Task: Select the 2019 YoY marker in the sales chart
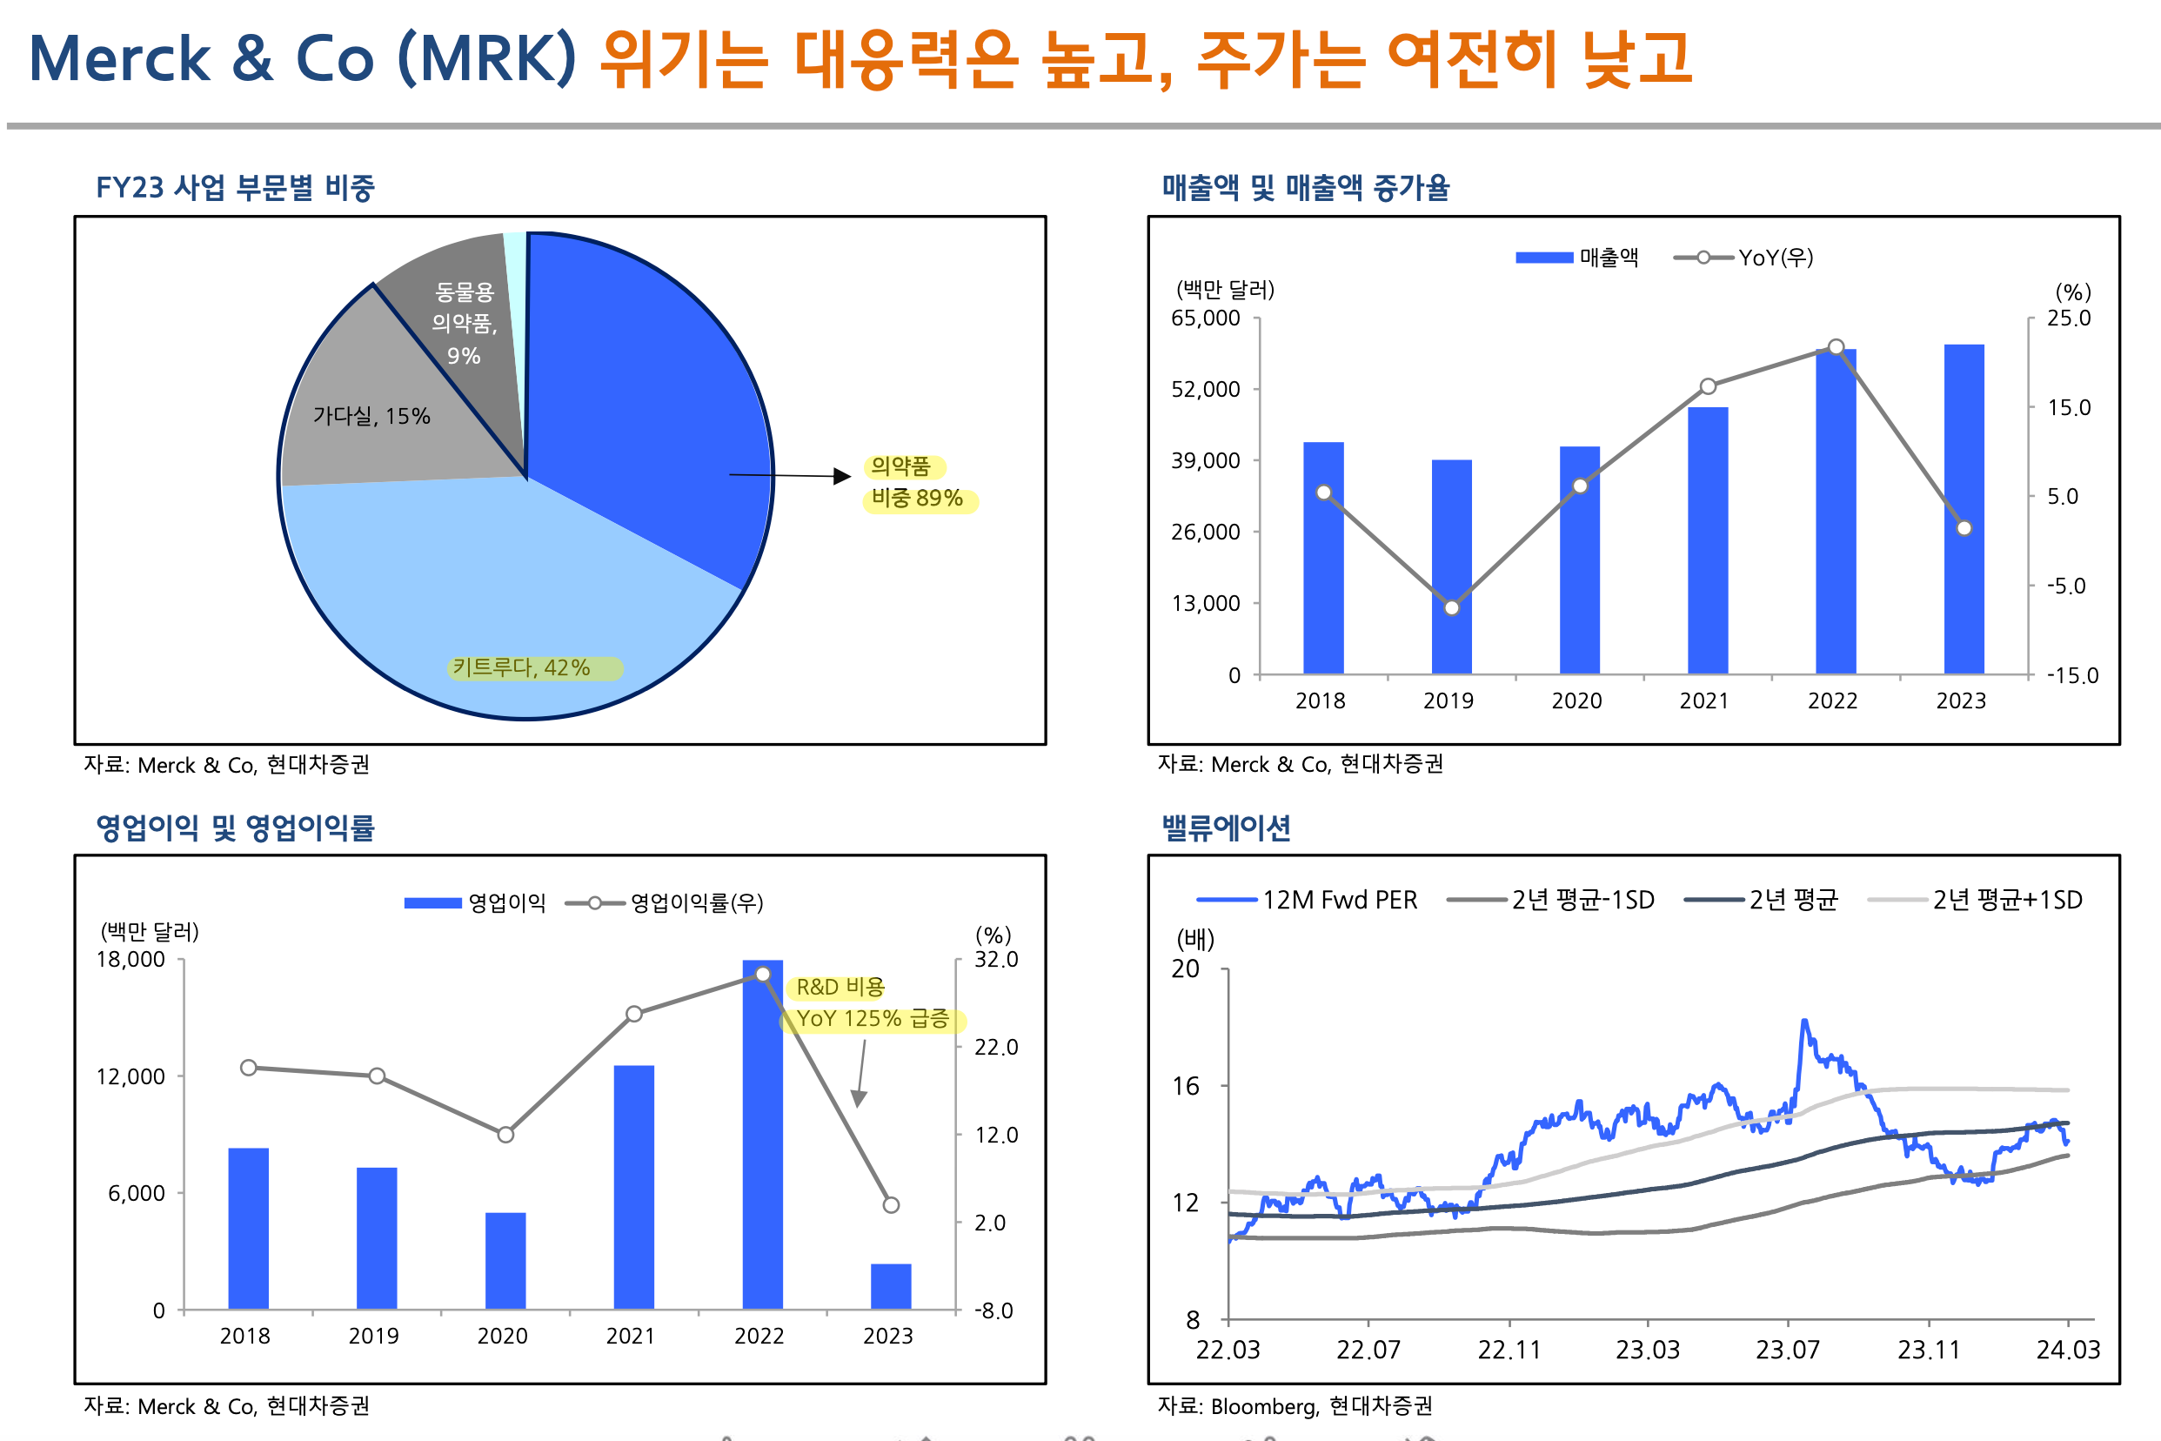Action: click(x=1452, y=607)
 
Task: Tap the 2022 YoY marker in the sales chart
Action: click(x=1836, y=347)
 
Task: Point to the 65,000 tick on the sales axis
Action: click(x=1206, y=318)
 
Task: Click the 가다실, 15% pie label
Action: click(x=371, y=416)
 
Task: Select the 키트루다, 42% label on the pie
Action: click(x=522, y=668)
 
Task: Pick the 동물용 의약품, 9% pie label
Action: click(x=464, y=324)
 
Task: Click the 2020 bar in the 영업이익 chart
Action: click(x=505, y=1260)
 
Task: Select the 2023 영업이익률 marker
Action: click(x=890, y=1205)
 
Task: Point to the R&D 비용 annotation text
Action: click(x=840, y=988)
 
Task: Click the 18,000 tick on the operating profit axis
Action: click(x=131, y=960)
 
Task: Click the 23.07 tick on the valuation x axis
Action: click(x=1787, y=1349)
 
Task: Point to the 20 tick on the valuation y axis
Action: click(x=1185, y=968)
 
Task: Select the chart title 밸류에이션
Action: click(x=1226, y=828)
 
